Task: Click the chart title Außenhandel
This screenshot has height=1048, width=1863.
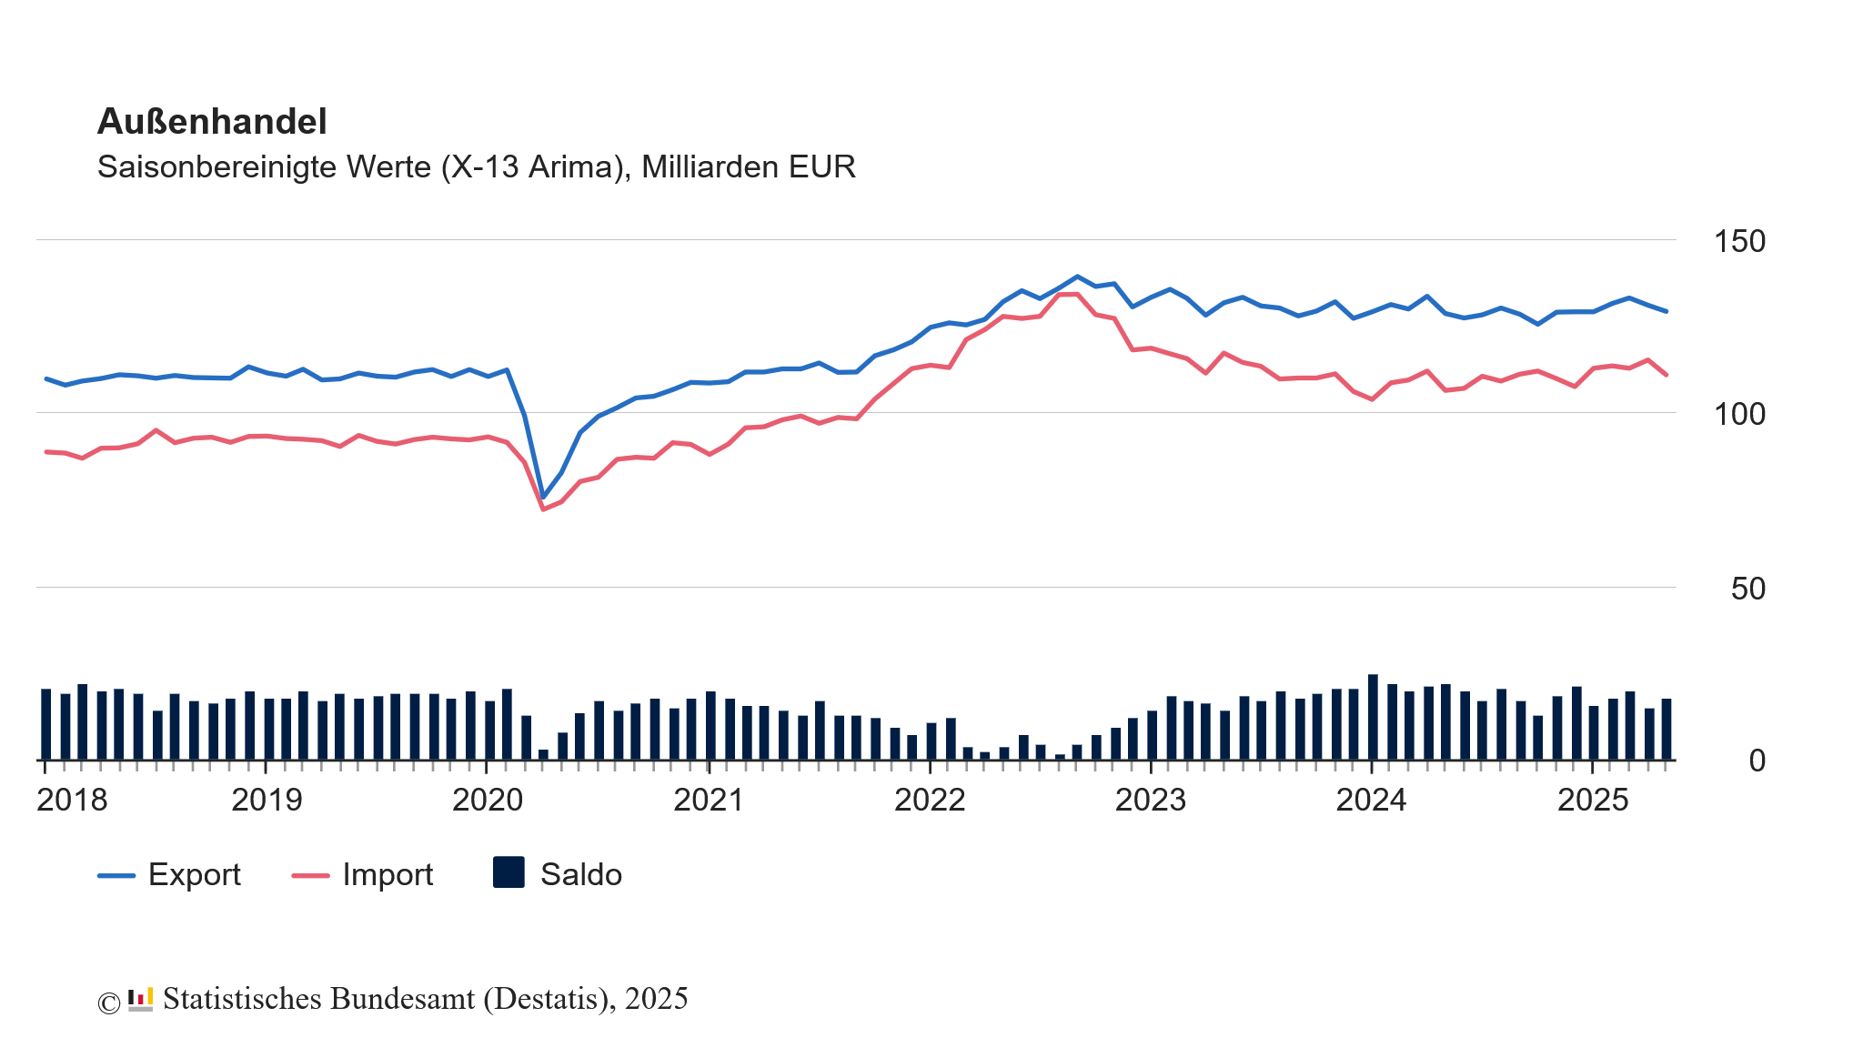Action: click(212, 121)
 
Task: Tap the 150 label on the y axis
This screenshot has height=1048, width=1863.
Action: click(1738, 241)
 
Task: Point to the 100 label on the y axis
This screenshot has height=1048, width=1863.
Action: click(1738, 414)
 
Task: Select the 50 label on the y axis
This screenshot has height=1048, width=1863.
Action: click(1747, 589)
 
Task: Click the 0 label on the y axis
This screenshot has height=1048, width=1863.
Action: click(1757, 761)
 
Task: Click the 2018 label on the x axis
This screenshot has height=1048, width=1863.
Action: click(72, 800)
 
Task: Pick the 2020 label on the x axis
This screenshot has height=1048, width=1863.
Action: click(488, 800)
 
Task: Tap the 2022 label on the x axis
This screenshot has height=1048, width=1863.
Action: click(930, 800)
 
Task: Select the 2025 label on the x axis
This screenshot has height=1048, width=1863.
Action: click(1593, 800)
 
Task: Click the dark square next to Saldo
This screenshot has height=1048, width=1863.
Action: click(509, 872)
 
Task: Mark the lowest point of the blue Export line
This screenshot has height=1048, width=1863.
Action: click(543, 498)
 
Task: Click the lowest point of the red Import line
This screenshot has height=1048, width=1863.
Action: click(543, 509)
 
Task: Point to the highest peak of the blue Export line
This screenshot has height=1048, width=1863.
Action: click(1077, 277)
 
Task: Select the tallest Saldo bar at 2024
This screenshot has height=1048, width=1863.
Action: click(1373, 717)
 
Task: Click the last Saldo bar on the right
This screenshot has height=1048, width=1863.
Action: click(1667, 729)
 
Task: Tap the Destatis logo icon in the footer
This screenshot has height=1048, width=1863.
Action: click(140, 999)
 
